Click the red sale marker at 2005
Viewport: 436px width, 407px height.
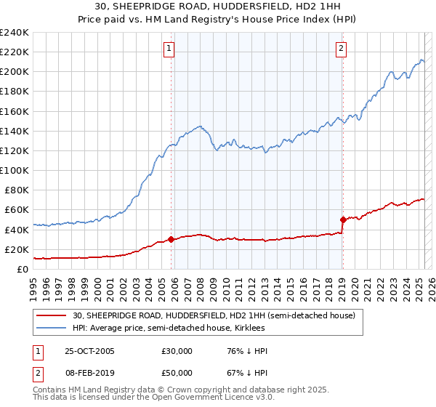pos(171,239)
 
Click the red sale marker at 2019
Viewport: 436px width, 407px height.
pos(342,219)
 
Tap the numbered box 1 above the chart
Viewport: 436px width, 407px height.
pos(169,49)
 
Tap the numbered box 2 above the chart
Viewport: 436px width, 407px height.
pos(341,49)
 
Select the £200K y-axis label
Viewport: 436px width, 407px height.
pos(15,72)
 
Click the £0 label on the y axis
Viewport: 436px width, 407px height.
pos(23,269)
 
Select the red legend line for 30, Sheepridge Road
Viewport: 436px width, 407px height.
pos(52,316)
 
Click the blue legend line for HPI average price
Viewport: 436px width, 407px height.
pos(52,329)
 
